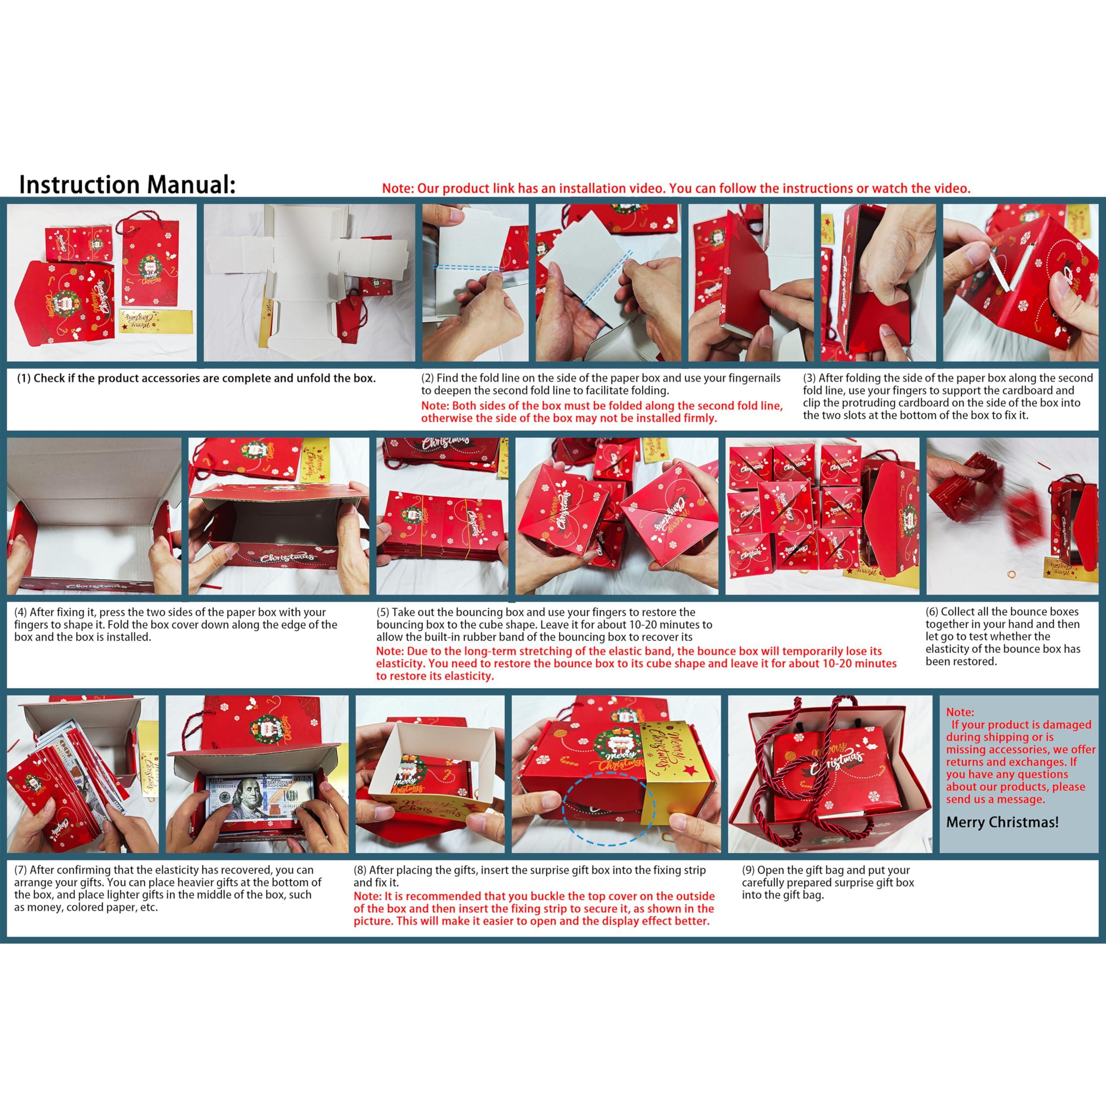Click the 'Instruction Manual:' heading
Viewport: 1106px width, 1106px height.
pos(127,185)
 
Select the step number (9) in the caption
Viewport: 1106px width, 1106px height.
pos(749,870)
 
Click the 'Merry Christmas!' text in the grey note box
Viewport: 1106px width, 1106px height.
pos(1002,822)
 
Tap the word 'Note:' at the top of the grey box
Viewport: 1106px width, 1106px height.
pos(960,712)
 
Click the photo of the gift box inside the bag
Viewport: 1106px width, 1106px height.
pos(829,774)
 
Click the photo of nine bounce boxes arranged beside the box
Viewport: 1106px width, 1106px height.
pos(823,516)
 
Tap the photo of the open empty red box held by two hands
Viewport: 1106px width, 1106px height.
pos(278,516)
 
